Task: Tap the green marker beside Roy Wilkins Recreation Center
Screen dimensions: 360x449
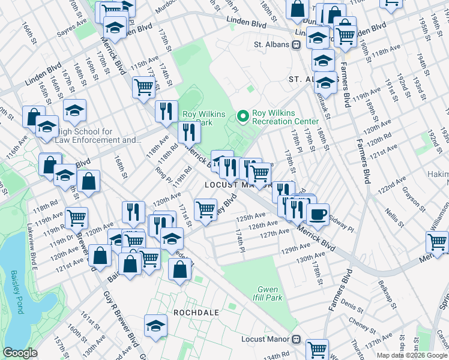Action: (243, 116)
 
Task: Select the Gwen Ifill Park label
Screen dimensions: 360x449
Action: (270, 293)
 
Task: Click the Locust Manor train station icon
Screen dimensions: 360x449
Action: (295, 339)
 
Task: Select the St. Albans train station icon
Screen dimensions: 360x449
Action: (296, 44)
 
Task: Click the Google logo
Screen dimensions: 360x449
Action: (20, 353)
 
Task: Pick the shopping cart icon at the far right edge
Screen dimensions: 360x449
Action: (437, 242)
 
